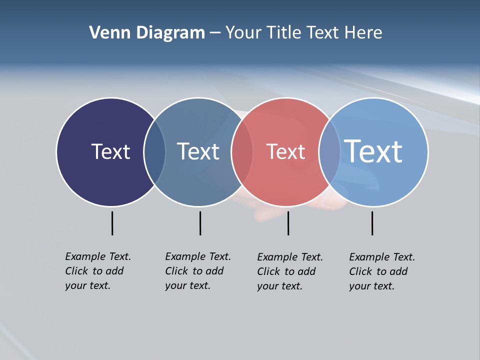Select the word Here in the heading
pos(363,33)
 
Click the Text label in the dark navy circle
pos(110,151)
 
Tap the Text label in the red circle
pos(285,151)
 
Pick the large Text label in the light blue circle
pos(373,151)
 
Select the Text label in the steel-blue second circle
pos(198,151)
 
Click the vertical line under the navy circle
pos(112,223)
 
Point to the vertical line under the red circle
pos(288,223)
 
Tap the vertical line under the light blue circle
pos(372,223)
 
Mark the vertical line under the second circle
pos(200,223)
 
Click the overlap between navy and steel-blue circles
pos(154,152)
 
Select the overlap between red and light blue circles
pos(329,152)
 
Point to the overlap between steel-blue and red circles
pos(242,152)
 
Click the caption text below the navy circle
pos(97,271)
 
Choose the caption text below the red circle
pos(289,271)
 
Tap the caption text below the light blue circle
pos(381,271)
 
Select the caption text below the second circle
pos(197,271)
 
